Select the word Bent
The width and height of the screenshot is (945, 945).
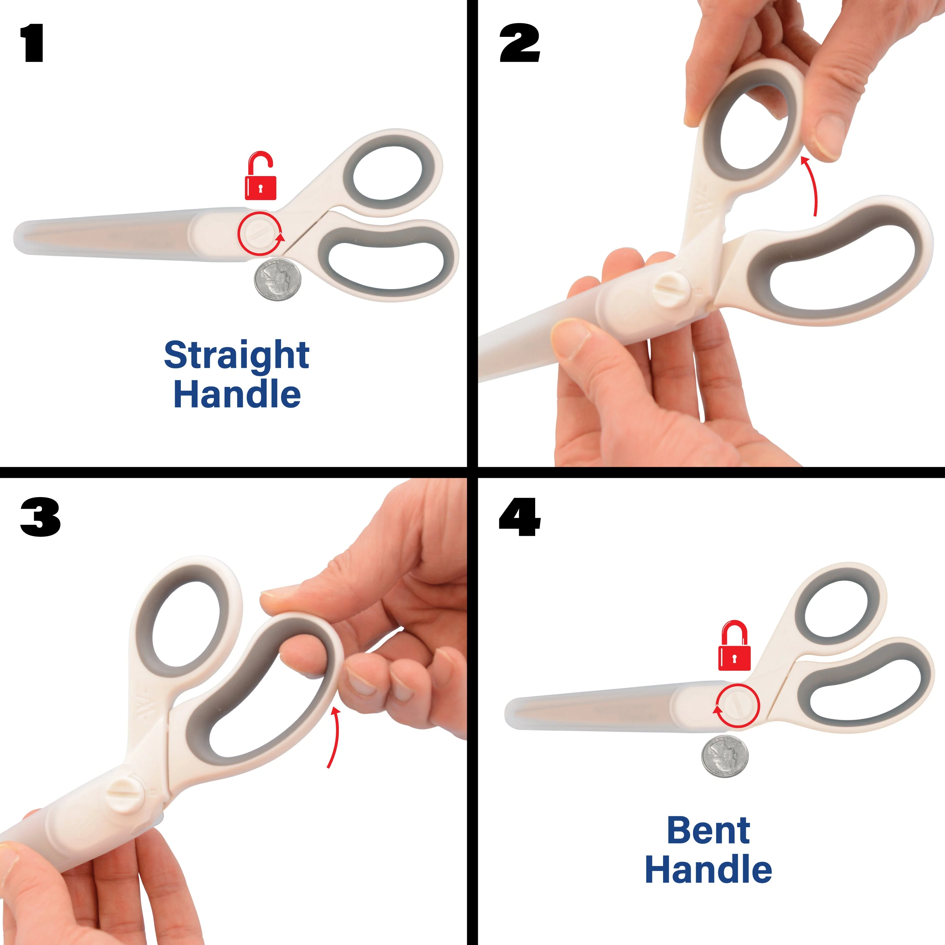708,831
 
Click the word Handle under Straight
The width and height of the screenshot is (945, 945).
237,394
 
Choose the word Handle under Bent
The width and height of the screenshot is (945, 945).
708,870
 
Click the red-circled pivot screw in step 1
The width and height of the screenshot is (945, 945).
259,233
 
